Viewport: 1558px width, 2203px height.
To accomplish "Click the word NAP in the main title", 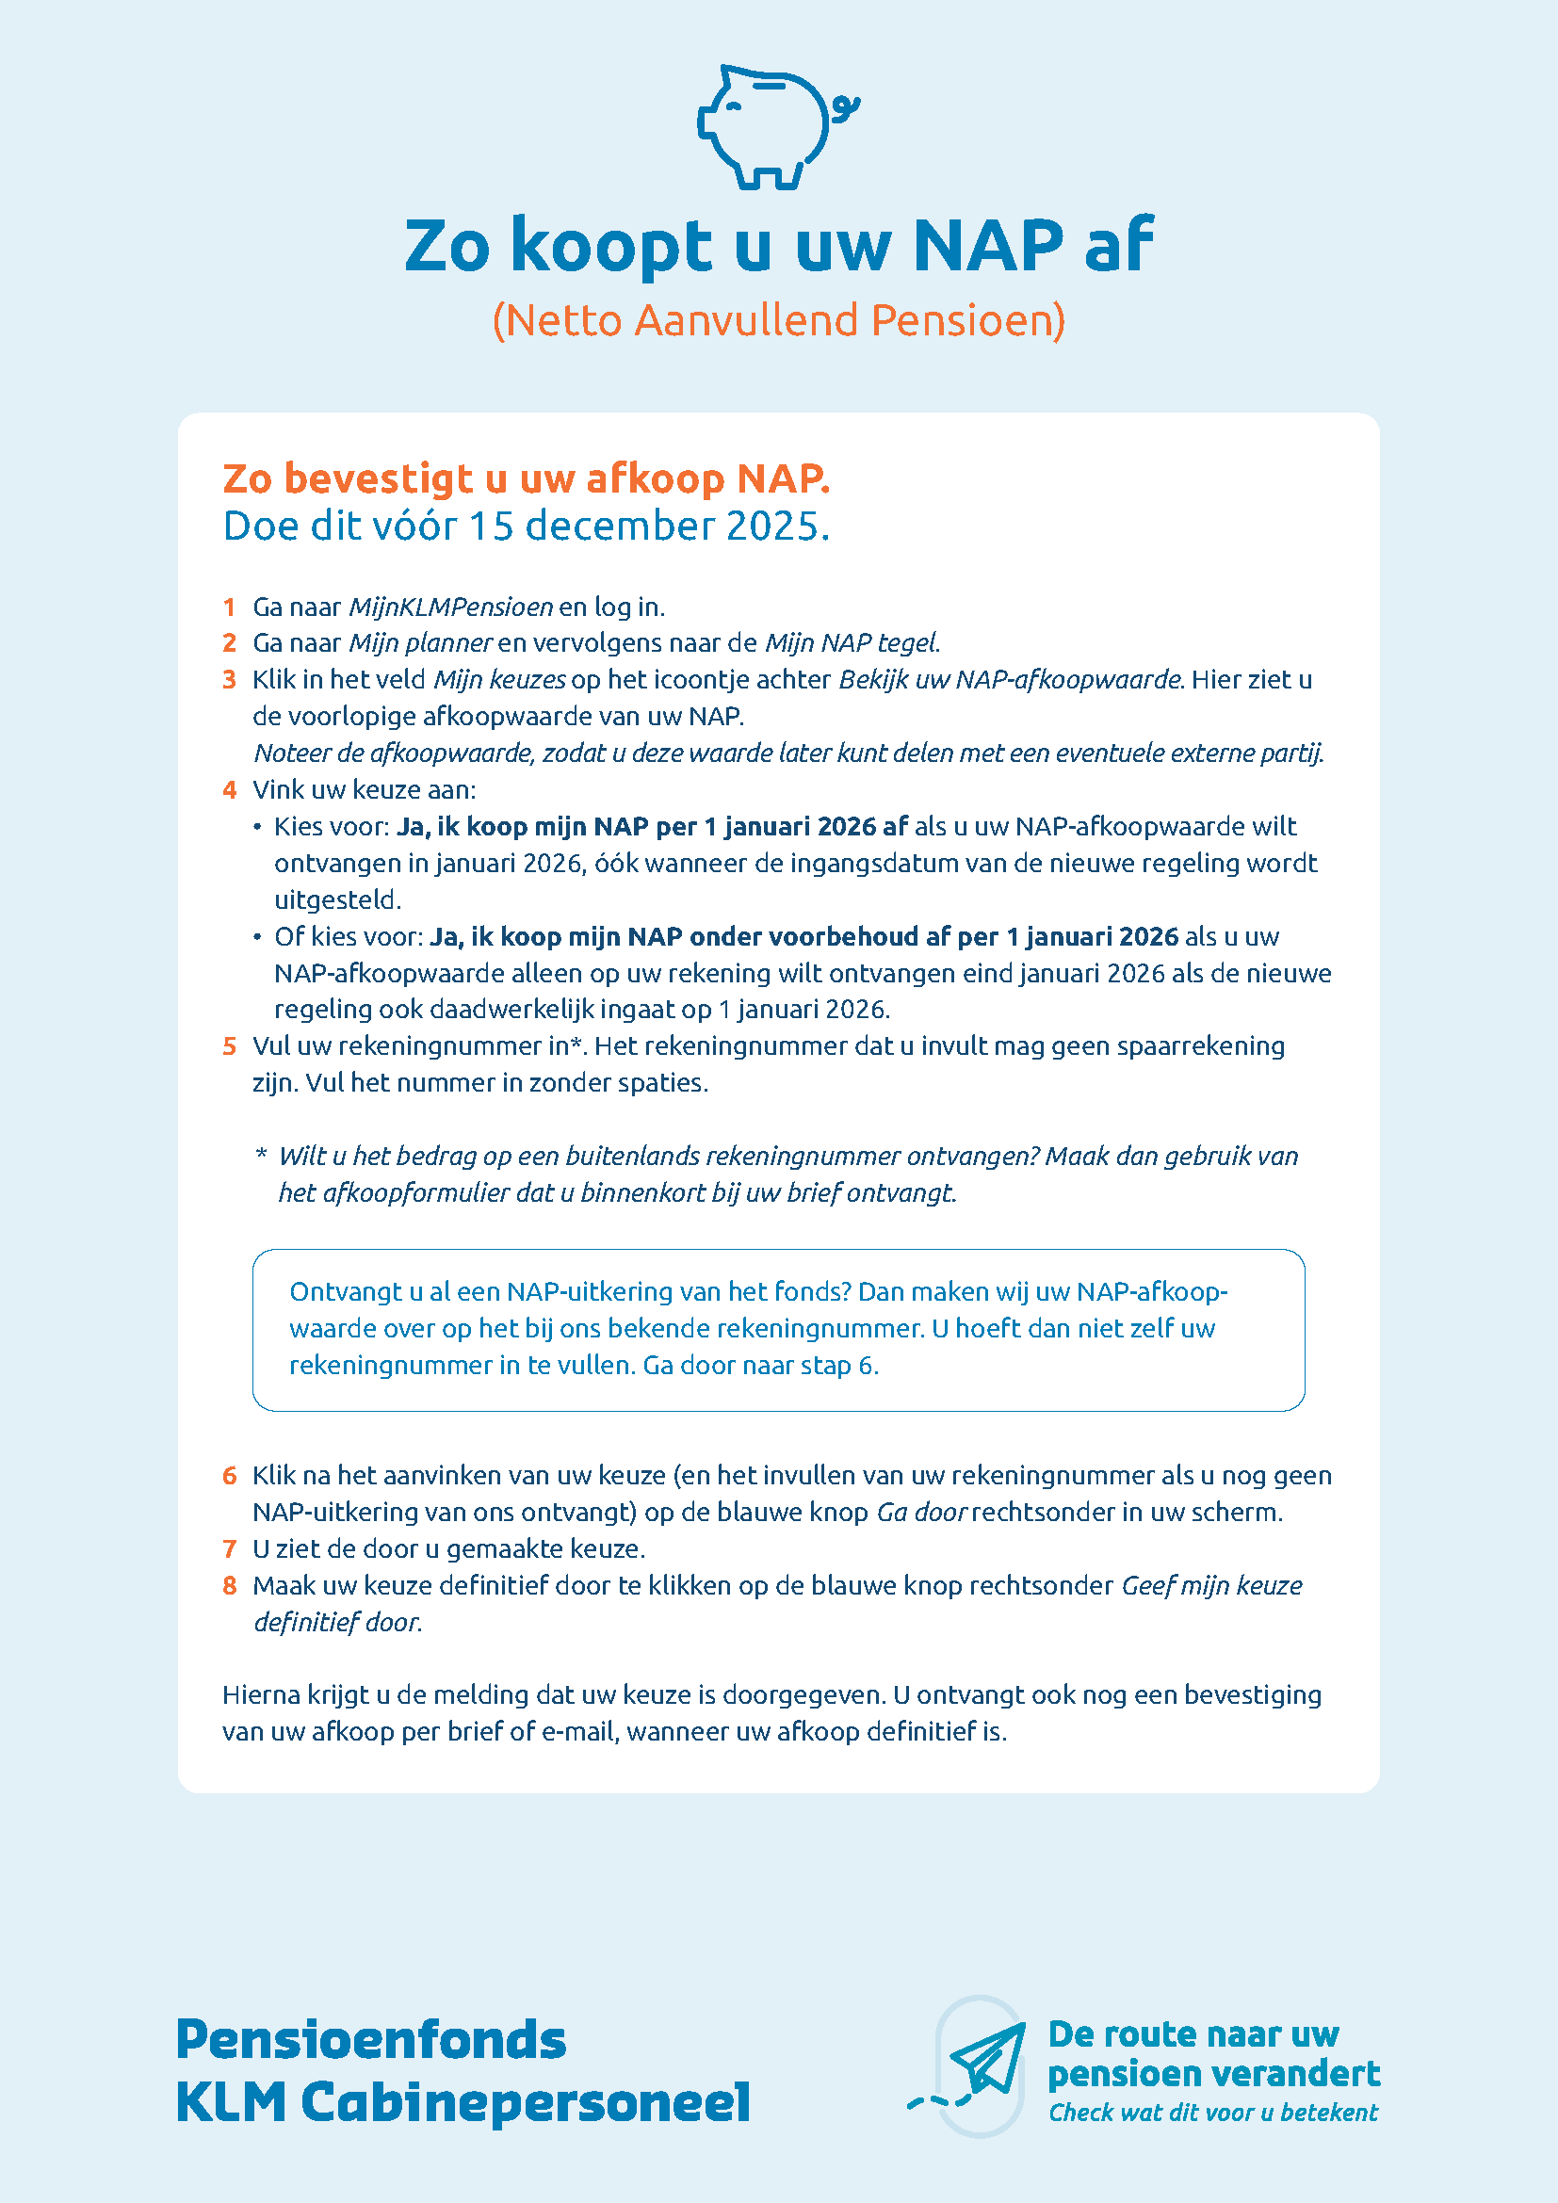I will click(x=988, y=246).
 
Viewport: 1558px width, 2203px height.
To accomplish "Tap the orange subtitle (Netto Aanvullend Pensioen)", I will click(x=778, y=320).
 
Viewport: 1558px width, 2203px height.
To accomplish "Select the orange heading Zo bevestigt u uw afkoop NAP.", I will click(x=526, y=478).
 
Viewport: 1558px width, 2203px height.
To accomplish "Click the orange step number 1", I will click(x=229, y=607).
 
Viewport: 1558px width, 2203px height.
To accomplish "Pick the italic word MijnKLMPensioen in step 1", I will click(x=451, y=607).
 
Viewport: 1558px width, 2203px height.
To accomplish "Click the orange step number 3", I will click(x=229, y=680).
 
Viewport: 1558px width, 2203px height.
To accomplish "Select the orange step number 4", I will click(x=229, y=790).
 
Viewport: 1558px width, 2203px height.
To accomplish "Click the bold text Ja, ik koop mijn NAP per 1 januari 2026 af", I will click(x=652, y=827).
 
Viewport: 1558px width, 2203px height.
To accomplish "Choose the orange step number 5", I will click(x=229, y=1046).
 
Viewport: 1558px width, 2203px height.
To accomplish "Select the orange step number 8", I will click(x=229, y=1586).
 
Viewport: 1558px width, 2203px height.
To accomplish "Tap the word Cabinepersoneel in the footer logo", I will click(x=525, y=2102).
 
